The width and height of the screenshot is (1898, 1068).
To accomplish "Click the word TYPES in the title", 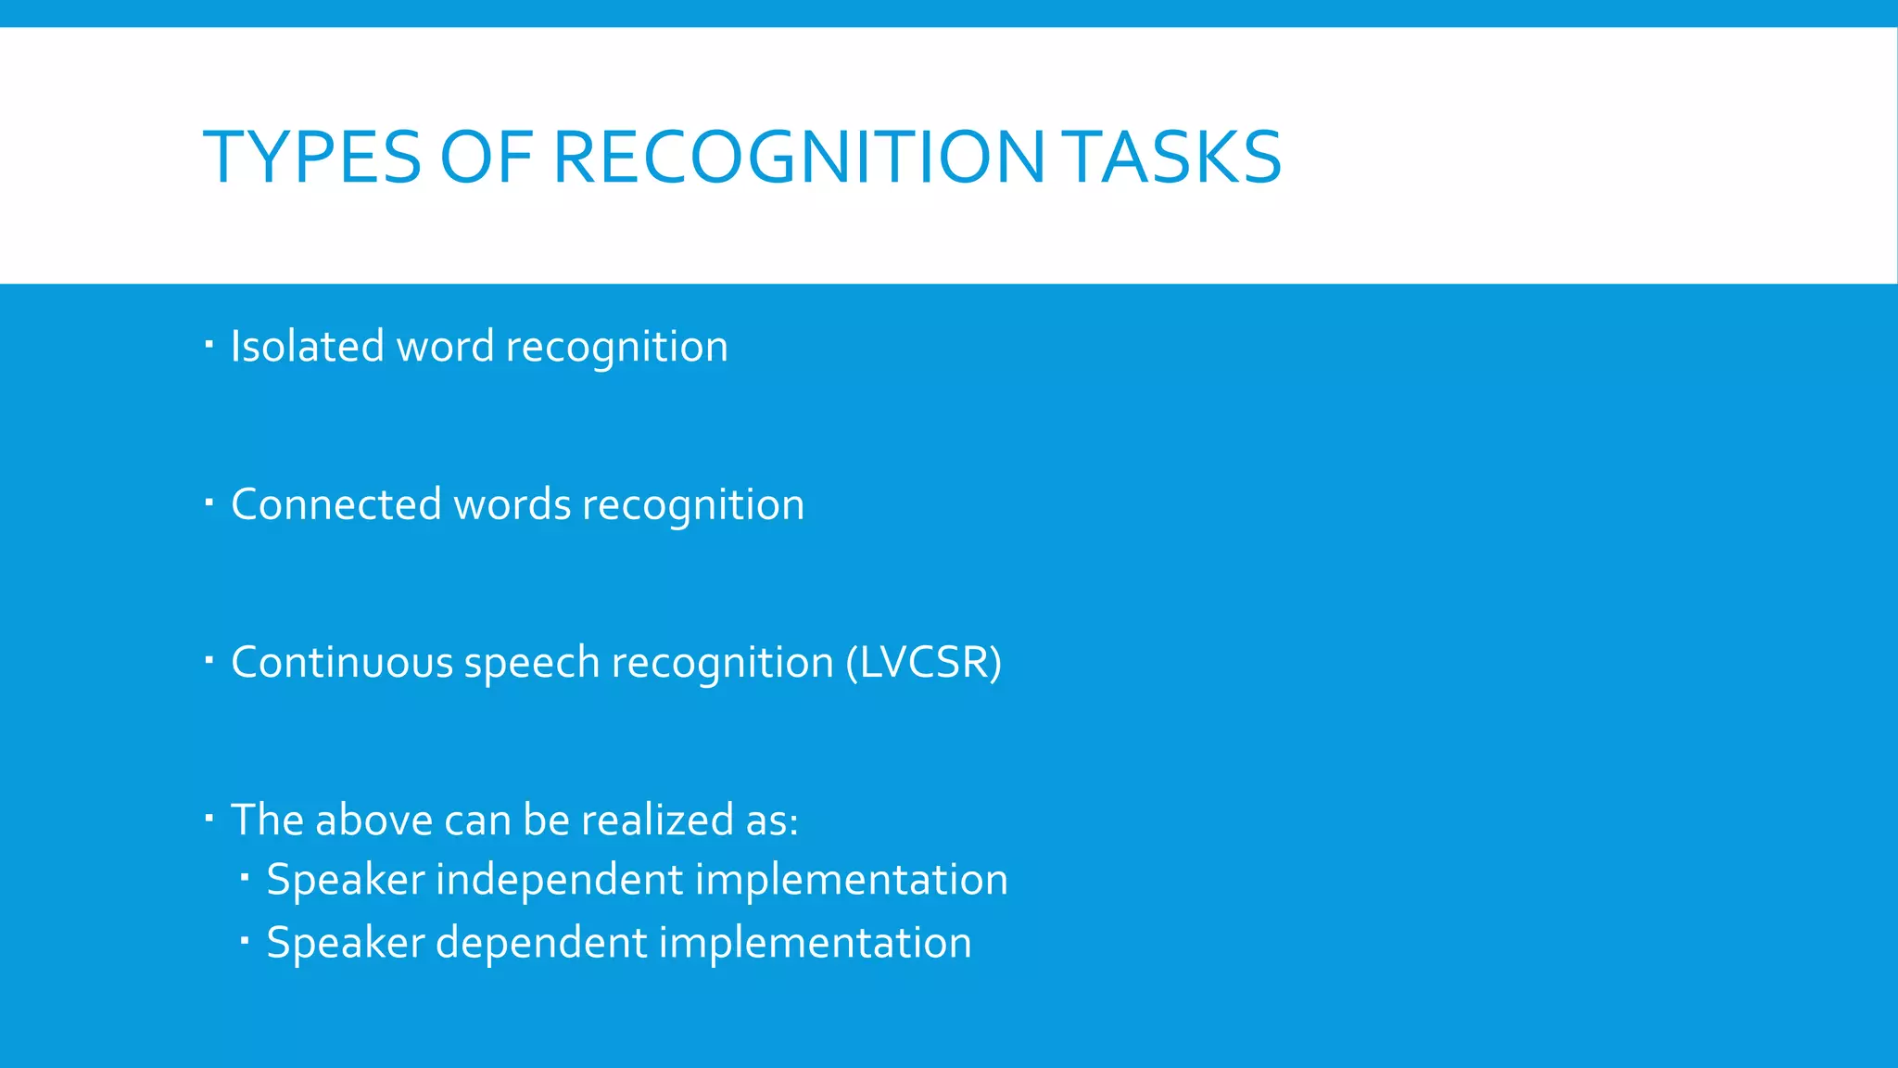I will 311,158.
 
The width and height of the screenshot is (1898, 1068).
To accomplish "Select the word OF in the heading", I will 486,158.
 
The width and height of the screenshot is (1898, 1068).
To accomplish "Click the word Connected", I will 335,505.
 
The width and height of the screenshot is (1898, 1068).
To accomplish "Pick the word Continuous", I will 341,663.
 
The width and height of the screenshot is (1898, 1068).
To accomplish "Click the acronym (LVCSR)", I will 923,663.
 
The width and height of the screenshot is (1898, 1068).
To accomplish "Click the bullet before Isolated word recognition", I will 209,346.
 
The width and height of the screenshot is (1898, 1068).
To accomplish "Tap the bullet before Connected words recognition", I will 209,503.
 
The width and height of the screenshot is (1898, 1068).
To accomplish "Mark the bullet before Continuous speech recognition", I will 209,661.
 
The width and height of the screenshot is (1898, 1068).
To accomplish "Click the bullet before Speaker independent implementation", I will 245,876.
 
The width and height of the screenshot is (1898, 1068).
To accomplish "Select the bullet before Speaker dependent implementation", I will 245,940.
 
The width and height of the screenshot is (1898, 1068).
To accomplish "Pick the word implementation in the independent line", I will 851,880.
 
